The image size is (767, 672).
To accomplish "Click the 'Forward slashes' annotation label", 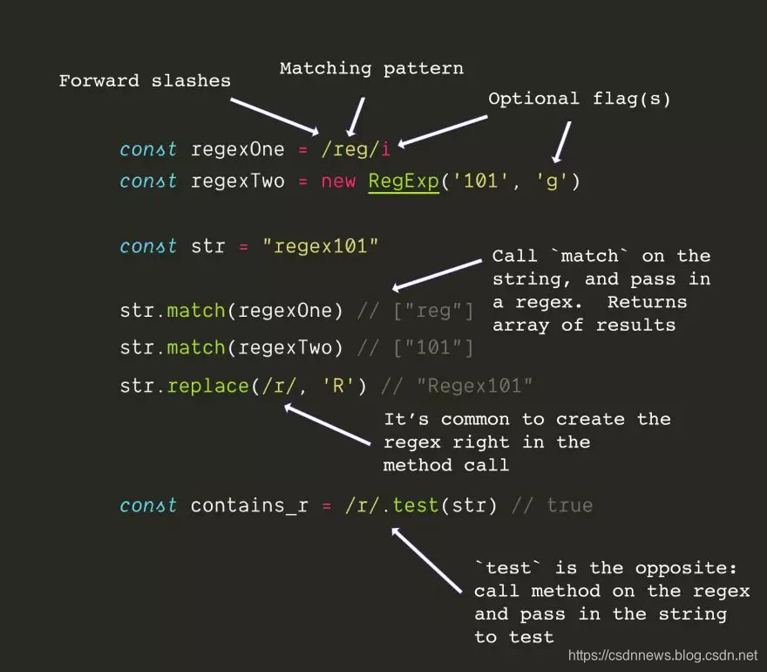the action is [145, 81].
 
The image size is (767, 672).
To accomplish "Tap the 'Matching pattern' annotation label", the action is [371, 68].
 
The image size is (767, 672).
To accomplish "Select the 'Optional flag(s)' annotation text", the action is [580, 99].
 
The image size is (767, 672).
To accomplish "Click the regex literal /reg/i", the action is [356, 149].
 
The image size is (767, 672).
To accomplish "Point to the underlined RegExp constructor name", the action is [403, 182].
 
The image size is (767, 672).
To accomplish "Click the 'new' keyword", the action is [338, 182].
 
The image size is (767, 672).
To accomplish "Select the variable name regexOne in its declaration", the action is [237, 149].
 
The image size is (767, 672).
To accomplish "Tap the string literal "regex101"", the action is [321, 246].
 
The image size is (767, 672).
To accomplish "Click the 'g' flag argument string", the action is [553, 182].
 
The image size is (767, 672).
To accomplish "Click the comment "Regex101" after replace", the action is [474, 386].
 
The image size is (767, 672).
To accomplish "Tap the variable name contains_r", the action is [249, 505].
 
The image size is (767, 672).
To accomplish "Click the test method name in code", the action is [416, 505].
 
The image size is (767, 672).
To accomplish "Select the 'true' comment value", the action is [569, 505].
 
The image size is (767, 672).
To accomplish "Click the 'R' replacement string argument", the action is [338, 386].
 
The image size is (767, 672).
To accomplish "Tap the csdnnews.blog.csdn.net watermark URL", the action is [663, 655].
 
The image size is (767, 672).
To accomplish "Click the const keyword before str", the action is [148, 246].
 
